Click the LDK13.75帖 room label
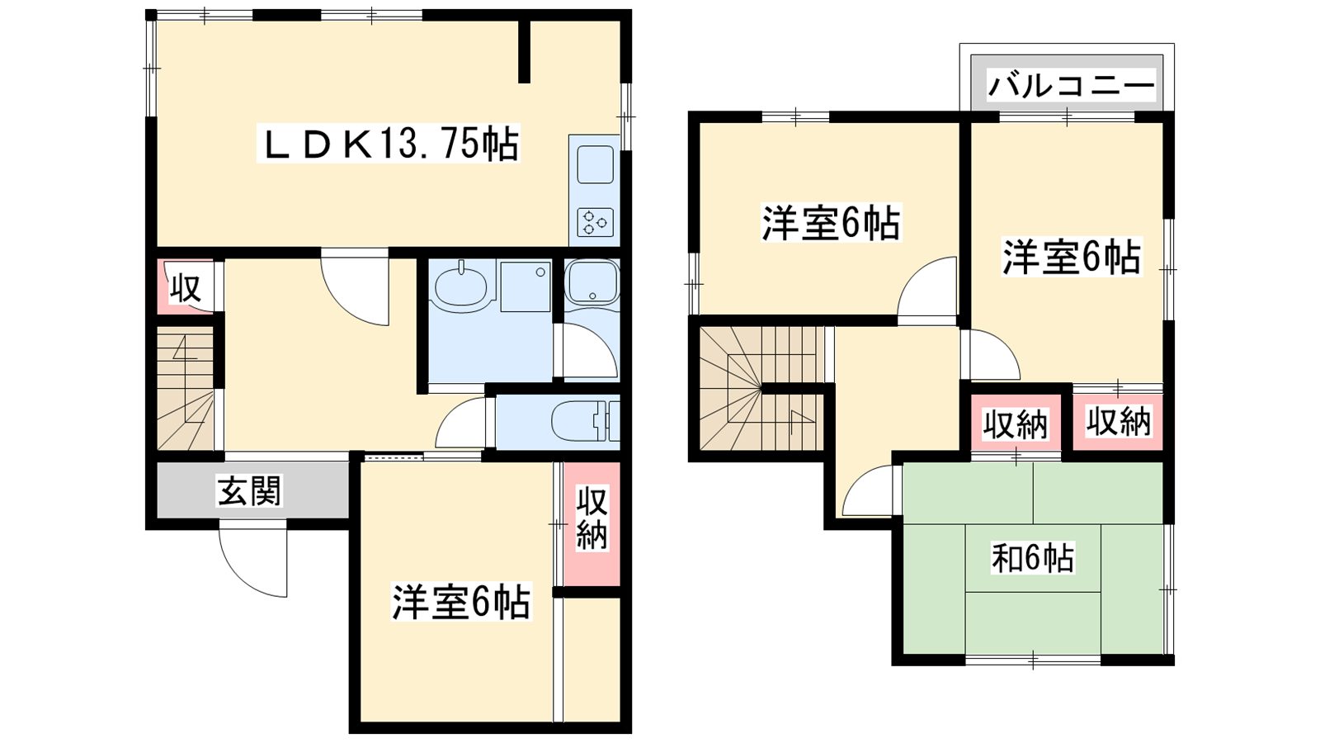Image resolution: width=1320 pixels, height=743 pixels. coord(389,144)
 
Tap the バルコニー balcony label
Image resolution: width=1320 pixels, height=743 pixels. coord(1070,87)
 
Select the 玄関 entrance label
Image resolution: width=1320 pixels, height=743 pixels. coord(250,490)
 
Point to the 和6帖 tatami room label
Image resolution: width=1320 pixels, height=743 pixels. coord(1033,557)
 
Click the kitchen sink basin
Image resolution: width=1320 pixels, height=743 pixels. coord(595,164)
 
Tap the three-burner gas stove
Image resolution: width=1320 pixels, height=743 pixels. coord(595,223)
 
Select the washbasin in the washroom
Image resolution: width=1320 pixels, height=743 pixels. coord(461,286)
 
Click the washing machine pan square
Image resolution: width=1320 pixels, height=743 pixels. coord(526,286)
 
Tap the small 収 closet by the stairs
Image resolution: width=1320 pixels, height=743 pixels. coord(186,288)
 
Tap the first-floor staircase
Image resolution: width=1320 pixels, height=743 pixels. coord(185,388)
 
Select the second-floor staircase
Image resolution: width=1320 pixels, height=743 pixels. coord(761,388)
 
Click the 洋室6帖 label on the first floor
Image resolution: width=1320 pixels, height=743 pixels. coord(462,602)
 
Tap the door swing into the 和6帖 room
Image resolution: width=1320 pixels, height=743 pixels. coord(867,490)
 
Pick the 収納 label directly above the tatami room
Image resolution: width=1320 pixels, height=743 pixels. coord(1016,424)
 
